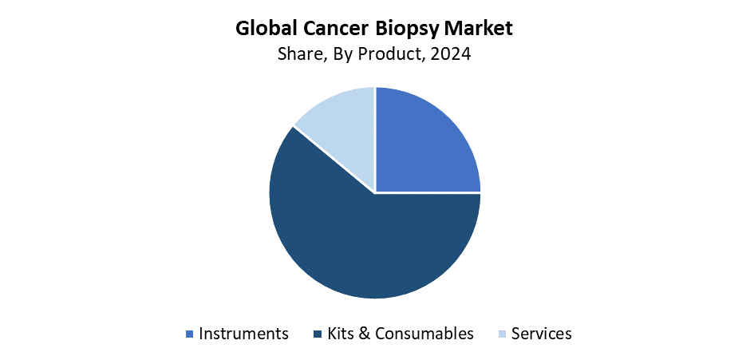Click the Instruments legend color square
tap(189, 333)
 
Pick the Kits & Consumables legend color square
tap(318, 333)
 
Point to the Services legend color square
tap(502, 333)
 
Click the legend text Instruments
tap(243, 333)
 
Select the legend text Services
tap(542, 333)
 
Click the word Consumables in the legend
tap(424, 333)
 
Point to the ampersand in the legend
tap(364, 333)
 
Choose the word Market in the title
tap(479, 29)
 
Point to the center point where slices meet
tap(375, 192)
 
